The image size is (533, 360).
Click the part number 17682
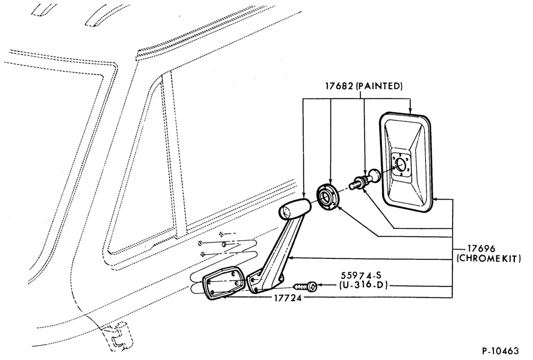339,86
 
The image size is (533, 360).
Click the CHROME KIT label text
489,259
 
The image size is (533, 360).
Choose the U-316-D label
364,285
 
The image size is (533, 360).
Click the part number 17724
288,299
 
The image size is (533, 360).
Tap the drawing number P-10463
500,350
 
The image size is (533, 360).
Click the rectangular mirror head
407,162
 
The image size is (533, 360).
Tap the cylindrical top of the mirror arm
295,208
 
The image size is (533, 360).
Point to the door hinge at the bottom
118,336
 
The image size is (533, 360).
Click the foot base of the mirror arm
265,282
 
